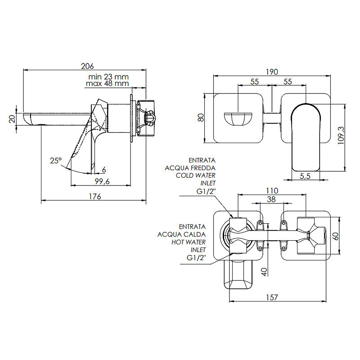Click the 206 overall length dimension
(x=87, y=66)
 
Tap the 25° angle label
(x=56, y=161)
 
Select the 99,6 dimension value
(x=102, y=181)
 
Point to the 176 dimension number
(x=95, y=197)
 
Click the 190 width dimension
(x=272, y=72)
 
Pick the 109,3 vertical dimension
(x=341, y=135)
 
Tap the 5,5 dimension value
(x=305, y=176)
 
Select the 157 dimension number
(x=272, y=297)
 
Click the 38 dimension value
(x=271, y=199)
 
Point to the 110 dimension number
(x=272, y=191)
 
